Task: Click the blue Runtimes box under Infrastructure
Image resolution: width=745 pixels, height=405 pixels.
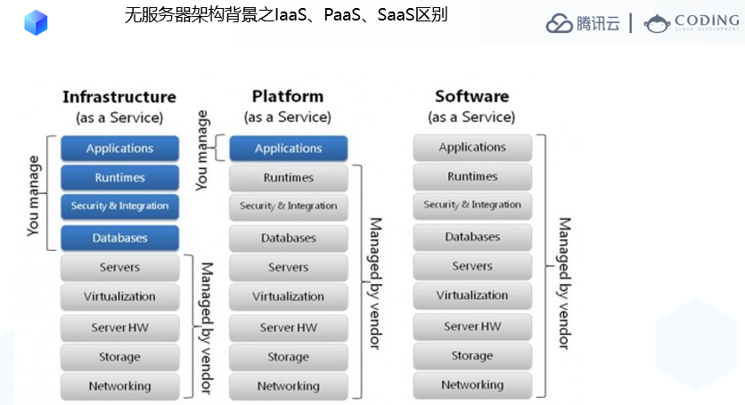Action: pos(119,177)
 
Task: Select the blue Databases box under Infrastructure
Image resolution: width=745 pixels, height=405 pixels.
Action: pos(119,238)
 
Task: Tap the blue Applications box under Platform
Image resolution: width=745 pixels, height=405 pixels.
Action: pos(289,148)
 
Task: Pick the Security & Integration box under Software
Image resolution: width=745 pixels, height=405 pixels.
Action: pos(472,205)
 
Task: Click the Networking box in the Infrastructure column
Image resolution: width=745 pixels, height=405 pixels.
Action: pos(119,386)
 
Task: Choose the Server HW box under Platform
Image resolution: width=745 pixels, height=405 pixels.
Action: pos(289,328)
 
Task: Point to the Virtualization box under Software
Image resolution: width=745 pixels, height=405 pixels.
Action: pos(472,296)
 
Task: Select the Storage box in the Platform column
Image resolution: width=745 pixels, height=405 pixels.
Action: pos(289,357)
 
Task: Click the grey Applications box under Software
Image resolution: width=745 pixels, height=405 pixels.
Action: pos(472,147)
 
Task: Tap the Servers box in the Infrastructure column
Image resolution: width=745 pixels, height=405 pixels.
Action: pos(119,267)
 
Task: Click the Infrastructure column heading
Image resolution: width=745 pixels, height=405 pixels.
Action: pos(119,97)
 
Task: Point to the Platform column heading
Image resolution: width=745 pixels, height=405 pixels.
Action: pos(288,96)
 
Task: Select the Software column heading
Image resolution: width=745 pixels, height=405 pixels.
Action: pos(471,96)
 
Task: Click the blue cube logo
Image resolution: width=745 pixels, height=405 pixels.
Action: pos(37,23)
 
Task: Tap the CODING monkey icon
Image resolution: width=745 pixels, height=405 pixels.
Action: pos(657,24)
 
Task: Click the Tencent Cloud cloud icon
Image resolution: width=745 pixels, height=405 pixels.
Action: pos(560,23)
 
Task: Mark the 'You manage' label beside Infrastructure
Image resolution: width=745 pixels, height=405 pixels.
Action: pos(33,196)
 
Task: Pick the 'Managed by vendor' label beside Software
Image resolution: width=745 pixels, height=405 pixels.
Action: pos(564,283)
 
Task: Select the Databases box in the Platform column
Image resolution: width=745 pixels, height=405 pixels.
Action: pos(289,238)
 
